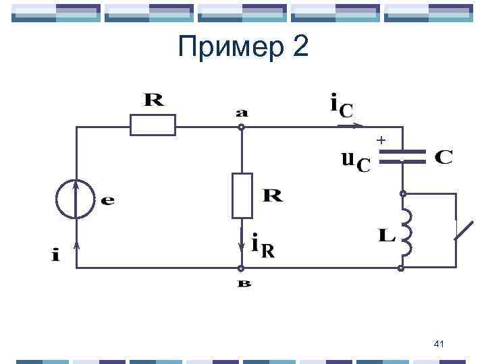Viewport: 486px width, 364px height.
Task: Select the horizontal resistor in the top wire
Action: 153,125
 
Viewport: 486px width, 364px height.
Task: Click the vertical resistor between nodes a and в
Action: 242,195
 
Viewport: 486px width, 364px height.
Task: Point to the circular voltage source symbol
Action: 76,200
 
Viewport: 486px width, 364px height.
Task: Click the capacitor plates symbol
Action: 402,157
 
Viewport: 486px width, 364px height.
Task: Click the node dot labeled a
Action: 242,126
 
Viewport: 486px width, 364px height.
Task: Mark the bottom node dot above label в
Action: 242,268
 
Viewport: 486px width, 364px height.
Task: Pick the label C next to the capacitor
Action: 443,157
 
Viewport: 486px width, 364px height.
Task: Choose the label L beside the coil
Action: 386,235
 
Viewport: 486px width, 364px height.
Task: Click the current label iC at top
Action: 340,106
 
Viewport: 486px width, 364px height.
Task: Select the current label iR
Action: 263,246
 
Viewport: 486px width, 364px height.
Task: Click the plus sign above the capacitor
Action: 381,140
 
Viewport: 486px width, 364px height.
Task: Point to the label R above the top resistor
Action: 153,101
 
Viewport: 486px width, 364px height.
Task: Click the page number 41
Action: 439,345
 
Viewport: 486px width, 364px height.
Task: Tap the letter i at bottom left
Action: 55,255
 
